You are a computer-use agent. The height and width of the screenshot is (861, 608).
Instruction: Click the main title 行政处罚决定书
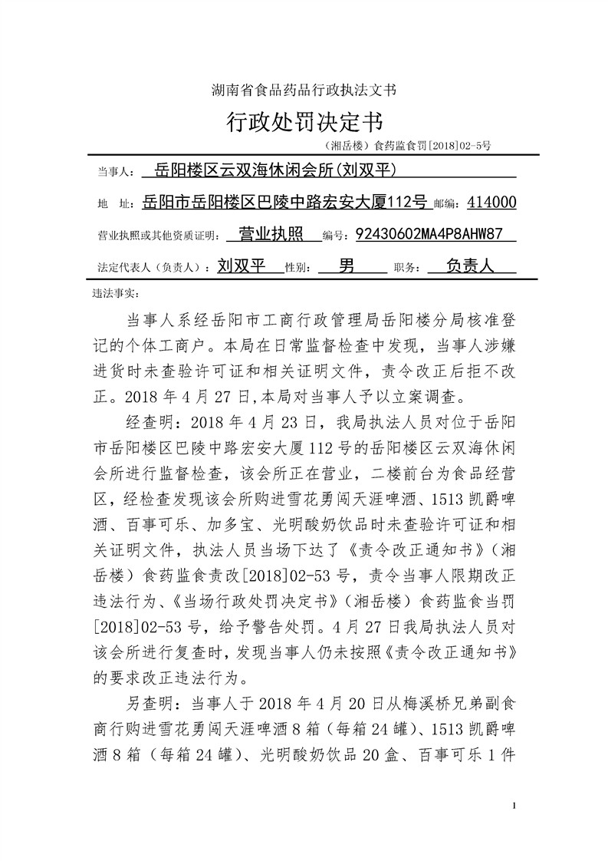tap(304, 120)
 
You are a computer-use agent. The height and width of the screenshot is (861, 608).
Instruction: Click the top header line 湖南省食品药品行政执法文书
tap(304, 90)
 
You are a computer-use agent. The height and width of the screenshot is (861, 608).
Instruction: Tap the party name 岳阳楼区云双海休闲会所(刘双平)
tap(277, 170)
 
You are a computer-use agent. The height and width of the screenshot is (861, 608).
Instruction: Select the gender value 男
tap(347, 266)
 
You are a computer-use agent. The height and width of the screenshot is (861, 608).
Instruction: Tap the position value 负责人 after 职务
tap(468, 266)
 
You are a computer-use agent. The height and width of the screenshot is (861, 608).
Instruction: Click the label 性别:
tap(298, 268)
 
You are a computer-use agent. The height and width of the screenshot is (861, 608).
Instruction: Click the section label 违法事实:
tap(114, 292)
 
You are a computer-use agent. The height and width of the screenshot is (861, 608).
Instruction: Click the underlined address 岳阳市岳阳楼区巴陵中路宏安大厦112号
tap(284, 203)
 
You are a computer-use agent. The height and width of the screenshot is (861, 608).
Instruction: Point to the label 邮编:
tap(449, 204)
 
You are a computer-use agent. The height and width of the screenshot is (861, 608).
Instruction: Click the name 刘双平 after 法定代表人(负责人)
tap(241, 266)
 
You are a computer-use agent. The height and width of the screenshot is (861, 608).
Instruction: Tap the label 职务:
tap(406, 268)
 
